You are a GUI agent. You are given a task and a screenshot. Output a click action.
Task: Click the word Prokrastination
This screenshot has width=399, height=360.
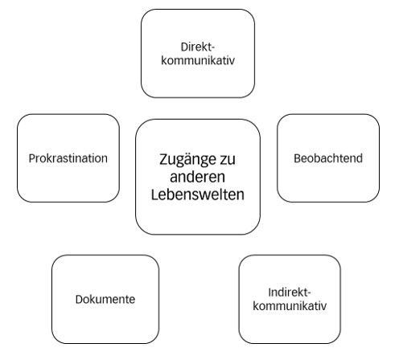click(68, 158)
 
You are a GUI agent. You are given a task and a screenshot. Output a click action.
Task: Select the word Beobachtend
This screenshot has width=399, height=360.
click(328, 158)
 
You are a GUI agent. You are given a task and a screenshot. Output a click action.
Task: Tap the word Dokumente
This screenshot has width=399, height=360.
click(105, 300)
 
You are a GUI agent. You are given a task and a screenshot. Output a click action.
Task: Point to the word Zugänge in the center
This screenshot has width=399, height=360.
click(187, 160)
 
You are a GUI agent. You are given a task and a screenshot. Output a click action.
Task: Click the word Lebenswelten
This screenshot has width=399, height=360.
click(198, 194)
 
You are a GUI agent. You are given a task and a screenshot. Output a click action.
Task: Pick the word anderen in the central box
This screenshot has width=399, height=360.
click(197, 177)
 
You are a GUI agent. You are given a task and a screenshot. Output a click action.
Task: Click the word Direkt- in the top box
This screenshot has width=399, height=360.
click(198, 47)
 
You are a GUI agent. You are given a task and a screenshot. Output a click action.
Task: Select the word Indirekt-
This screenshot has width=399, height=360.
click(290, 292)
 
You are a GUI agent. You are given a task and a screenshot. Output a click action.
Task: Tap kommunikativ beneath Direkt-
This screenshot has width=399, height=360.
click(198, 60)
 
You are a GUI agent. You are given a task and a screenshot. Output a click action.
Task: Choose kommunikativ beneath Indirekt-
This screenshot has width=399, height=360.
click(290, 305)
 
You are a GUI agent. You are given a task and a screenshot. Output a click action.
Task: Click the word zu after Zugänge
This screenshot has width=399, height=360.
click(228, 160)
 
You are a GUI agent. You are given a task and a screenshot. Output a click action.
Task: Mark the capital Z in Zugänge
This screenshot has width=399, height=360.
click(164, 159)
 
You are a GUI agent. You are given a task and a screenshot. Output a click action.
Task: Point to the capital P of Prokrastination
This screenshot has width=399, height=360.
click(32, 158)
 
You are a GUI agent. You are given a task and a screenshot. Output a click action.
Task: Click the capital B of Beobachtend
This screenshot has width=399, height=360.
click(298, 158)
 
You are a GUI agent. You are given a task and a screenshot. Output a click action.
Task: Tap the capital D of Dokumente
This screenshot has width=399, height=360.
click(80, 300)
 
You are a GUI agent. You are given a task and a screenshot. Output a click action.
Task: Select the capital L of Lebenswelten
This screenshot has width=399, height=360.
click(155, 194)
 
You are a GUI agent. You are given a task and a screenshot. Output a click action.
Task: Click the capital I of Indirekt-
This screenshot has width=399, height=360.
click(269, 292)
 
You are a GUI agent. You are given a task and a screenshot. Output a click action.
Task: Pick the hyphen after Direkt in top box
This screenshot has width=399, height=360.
click(213, 48)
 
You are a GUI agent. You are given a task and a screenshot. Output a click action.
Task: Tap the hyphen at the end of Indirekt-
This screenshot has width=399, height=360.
click(309, 293)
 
